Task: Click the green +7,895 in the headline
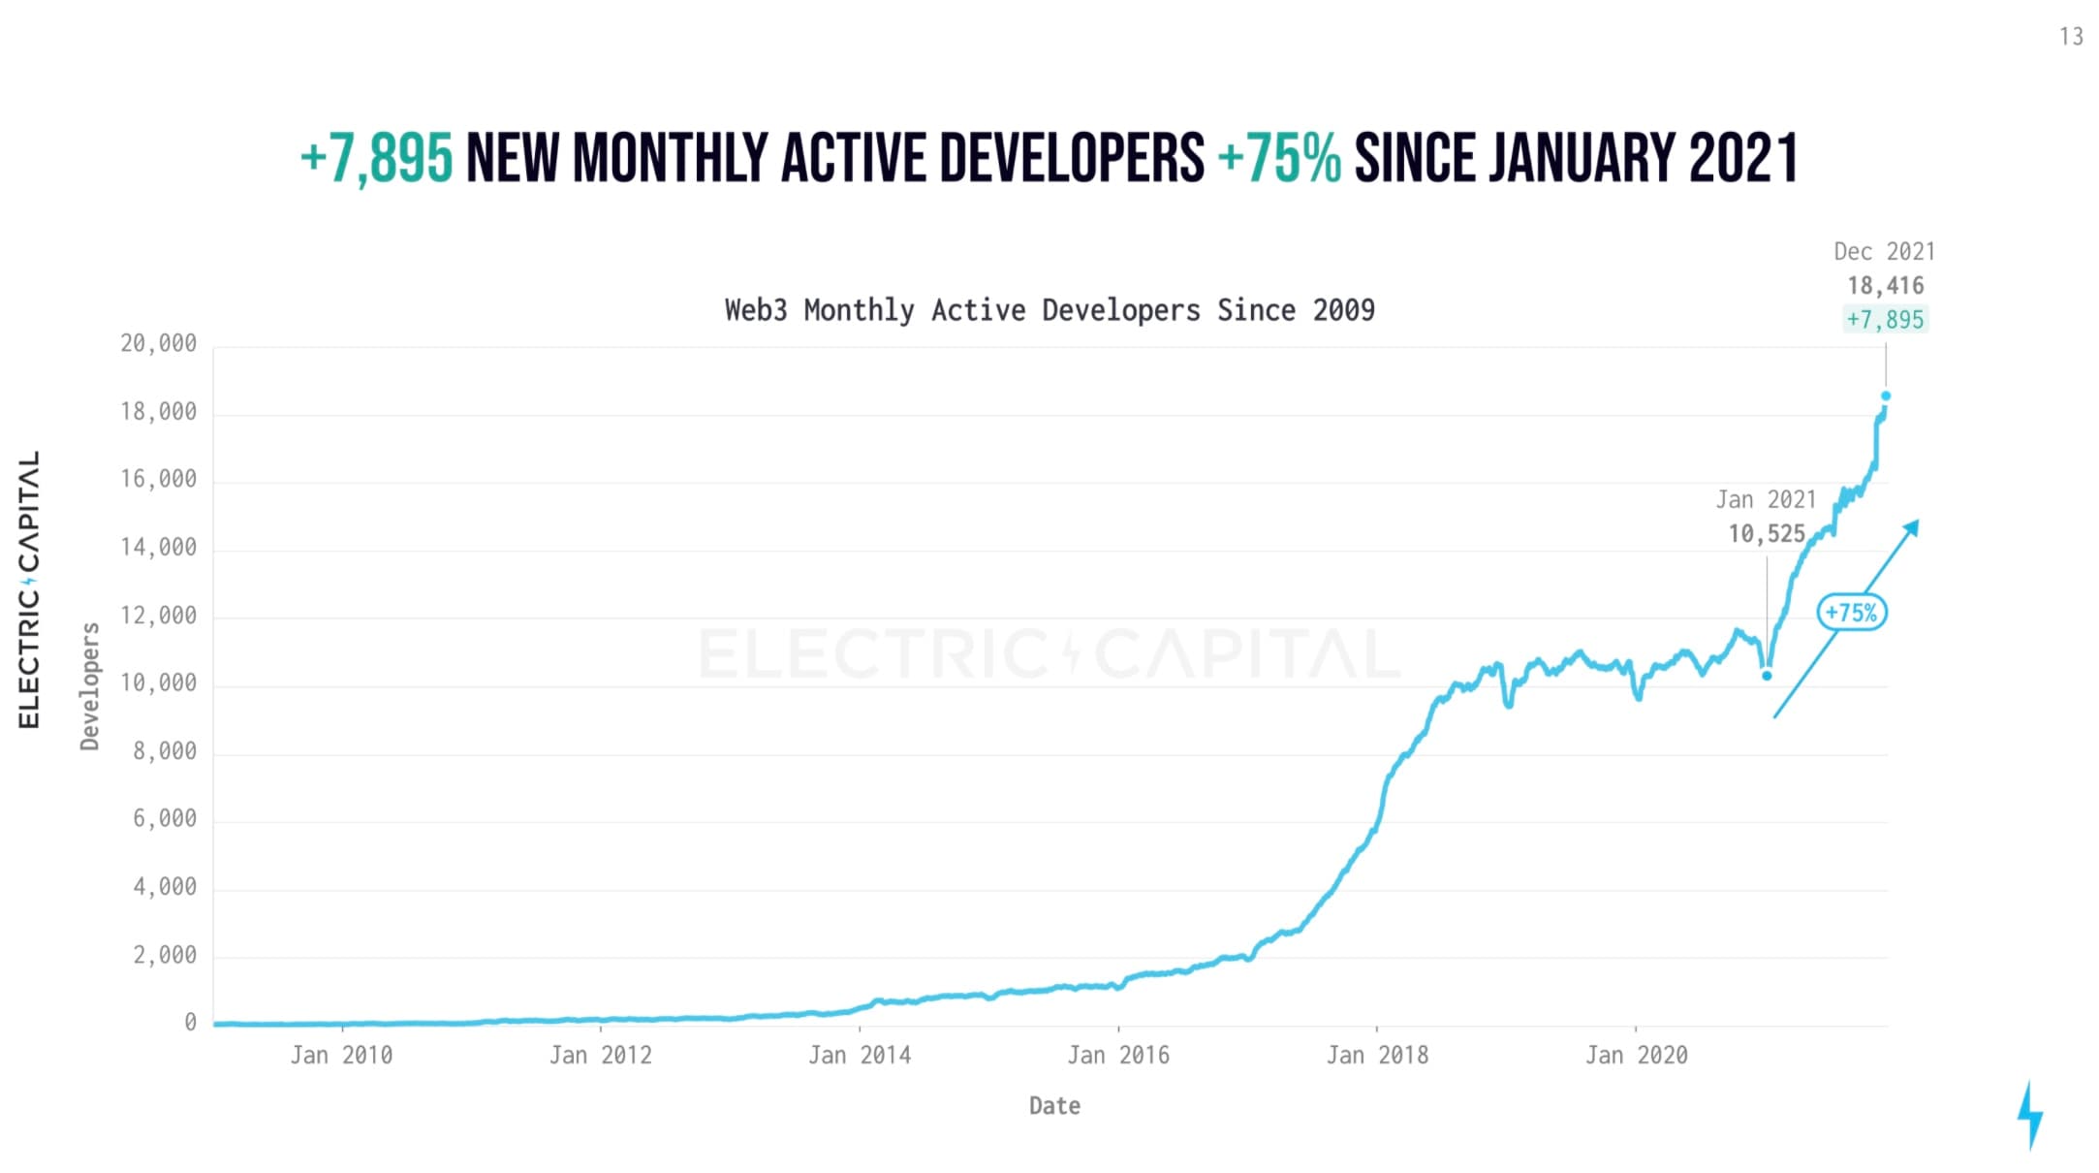tap(376, 158)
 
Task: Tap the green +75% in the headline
tap(1279, 158)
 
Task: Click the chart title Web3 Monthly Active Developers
tap(1049, 310)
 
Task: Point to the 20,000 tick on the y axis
tap(158, 344)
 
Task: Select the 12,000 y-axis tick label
tap(158, 616)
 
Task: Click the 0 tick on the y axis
tap(190, 1023)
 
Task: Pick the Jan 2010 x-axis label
tap(341, 1056)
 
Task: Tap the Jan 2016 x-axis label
tap(1118, 1056)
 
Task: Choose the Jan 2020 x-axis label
tap(1636, 1056)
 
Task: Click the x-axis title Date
tap(1054, 1106)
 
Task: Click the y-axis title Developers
tap(90, 686)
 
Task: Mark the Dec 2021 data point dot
tap(1886, 396)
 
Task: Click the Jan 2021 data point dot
tap(1767, 676)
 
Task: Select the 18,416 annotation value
tap(1885, 286)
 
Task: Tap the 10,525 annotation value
tap(1767, 534)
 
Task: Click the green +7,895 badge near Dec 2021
tap(1885, 320)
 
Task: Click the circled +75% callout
tap(1851, 613)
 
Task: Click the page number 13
tap(2071, 37)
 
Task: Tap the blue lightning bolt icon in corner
tap(2030, 1116)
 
